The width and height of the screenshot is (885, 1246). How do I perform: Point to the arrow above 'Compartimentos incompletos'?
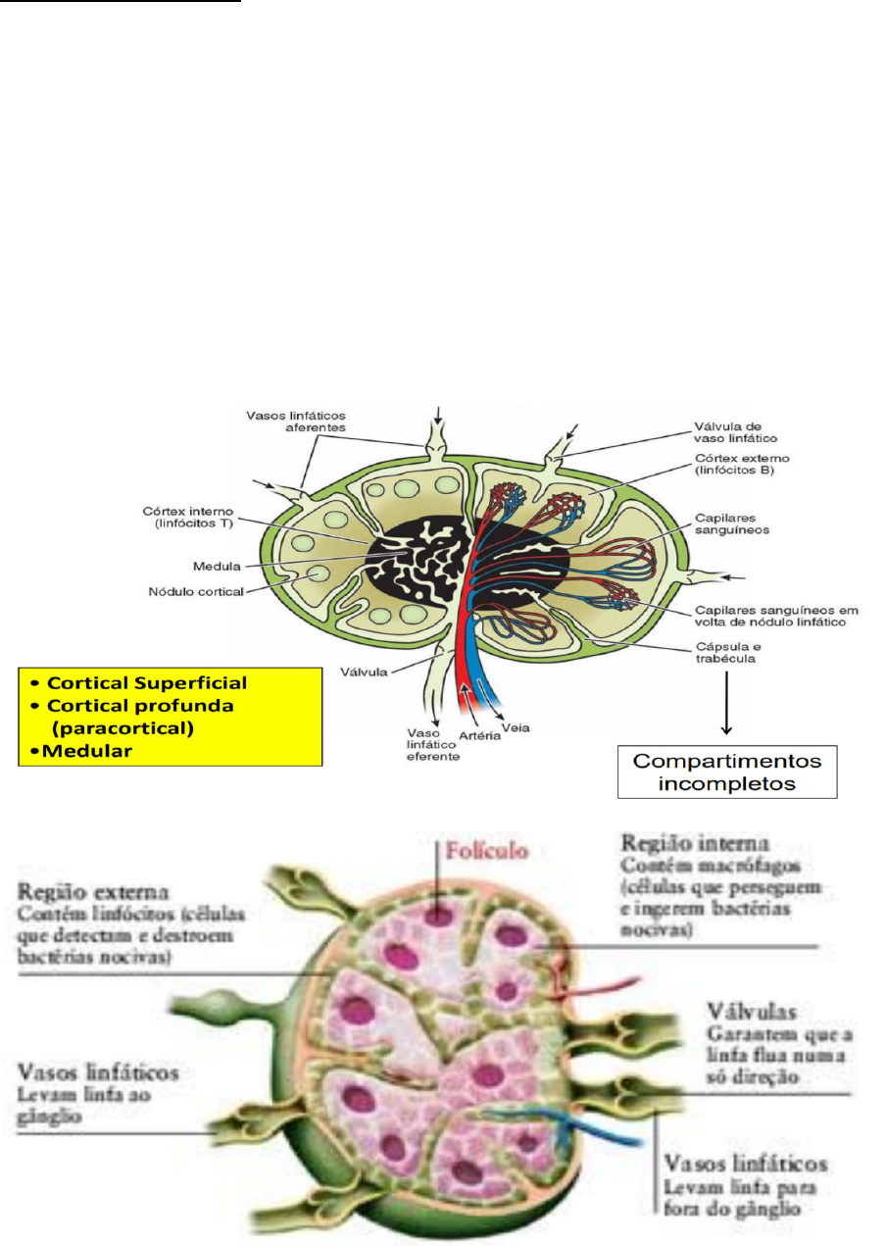coord(726,704)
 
